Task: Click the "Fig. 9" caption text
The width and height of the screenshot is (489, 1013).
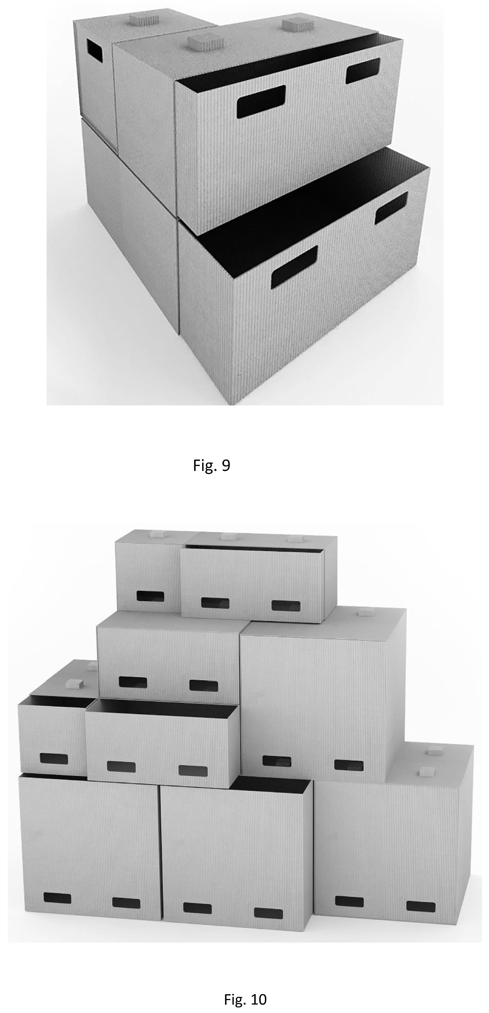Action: [211, 466]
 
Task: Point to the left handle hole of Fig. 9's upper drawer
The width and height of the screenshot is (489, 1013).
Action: [261, 102]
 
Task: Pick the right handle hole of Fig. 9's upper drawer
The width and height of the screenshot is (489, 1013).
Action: [363, 71]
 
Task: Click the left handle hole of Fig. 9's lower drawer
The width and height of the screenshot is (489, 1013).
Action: [294, 266]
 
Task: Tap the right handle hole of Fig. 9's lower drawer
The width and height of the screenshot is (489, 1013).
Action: [391, 208]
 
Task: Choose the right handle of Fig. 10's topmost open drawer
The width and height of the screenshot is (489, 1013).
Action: [286, 605]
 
